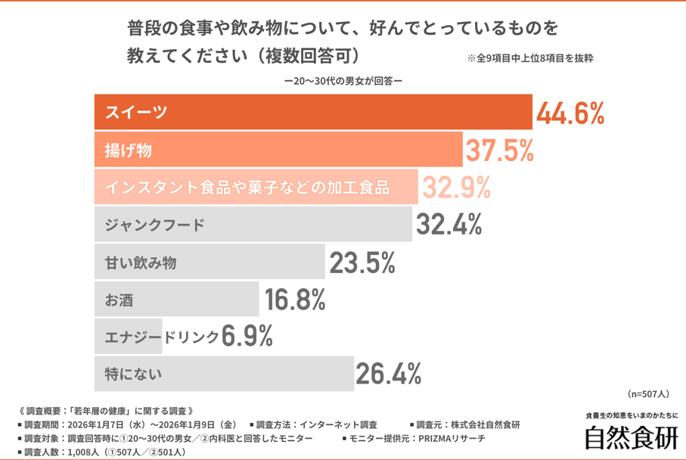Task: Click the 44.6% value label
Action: click(570, 113)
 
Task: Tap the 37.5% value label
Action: click(499, 151)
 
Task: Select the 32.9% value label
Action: click(456, 187)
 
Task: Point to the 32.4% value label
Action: click(447, 224)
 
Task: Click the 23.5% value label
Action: click(362, 263)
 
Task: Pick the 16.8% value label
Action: click(295, 300)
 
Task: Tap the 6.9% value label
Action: click(247, 337)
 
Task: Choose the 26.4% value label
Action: click(388, 373)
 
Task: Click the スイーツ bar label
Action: click(136, 113)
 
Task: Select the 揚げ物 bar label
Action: click(129, 151)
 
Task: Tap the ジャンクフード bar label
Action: click(155, 225)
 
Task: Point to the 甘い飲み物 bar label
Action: click(141, 263)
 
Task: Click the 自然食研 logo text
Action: click(631, 437)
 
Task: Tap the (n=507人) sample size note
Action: click(648, 394)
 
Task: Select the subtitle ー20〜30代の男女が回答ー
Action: click(343, 80)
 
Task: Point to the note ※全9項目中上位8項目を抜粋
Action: click(529, 58)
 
